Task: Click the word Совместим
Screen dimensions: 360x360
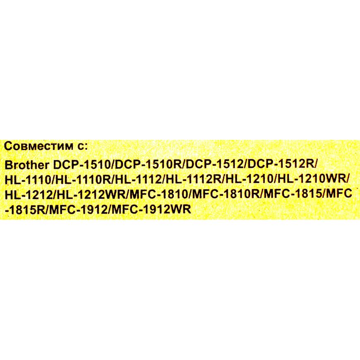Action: [38, 146]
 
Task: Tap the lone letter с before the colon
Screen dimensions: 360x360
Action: [81, 147]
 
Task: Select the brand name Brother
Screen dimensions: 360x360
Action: [27, 165]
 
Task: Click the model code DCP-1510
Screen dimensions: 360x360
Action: [82, 165]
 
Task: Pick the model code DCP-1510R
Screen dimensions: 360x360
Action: [148, 165]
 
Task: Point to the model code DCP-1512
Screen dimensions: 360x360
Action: [214, 165]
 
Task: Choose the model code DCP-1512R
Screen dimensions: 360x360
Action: [280, 164]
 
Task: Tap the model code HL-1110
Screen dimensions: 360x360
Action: [28, 179]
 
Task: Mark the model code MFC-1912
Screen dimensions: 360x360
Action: [78, 209]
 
